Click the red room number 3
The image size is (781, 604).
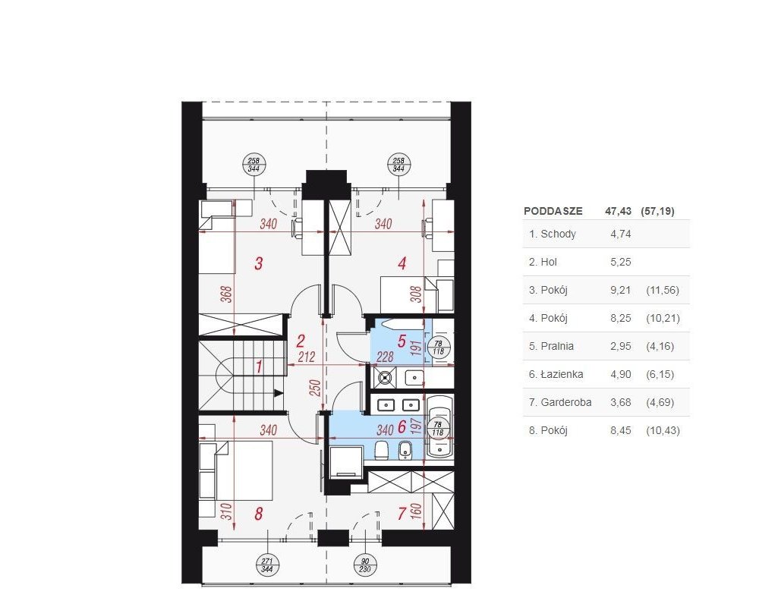259,263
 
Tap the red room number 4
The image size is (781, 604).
402,263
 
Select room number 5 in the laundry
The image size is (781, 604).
402,341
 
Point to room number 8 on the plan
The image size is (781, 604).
259,514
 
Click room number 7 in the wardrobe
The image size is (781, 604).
402,514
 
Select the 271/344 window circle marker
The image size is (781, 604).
267,565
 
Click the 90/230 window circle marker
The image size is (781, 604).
365,565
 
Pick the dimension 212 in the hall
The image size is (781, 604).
307,357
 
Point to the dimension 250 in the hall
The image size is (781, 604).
315,388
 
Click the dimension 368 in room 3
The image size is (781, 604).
226,294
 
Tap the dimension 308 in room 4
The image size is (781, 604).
417,294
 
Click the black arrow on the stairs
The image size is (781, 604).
279,393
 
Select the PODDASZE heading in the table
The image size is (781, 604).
553,211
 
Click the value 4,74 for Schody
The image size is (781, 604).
621,234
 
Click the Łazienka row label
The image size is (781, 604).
556,374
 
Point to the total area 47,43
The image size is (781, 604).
618,211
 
